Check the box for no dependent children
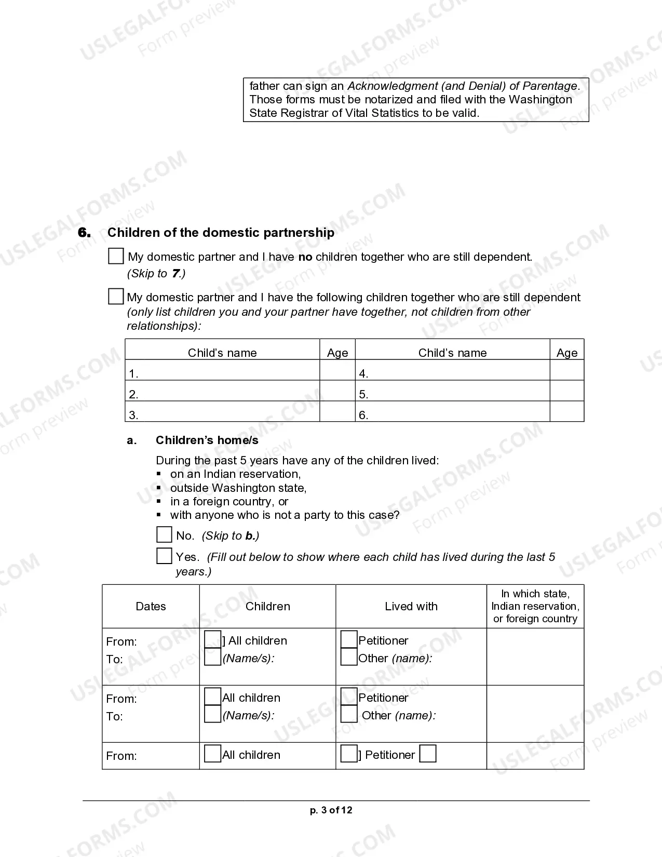coord(116,256)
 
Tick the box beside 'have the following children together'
coord(116,297)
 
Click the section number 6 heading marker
coord(84,233)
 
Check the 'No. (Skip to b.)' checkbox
coord(164,535)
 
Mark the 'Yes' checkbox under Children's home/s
coord(164,556)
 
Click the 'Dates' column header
coord(151,606)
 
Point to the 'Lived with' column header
coord(411,606)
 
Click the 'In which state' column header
coord(535,606)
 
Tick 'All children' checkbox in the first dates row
coord(213,639)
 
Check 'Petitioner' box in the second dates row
coord(349,697)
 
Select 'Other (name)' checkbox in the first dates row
coord(349,657)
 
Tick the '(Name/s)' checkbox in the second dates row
coord(213,714)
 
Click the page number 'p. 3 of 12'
coord(331,810)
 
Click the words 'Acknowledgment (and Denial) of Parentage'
coord(462,86)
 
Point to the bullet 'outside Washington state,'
coord(238,488)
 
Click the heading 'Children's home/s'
coord(207,440)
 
